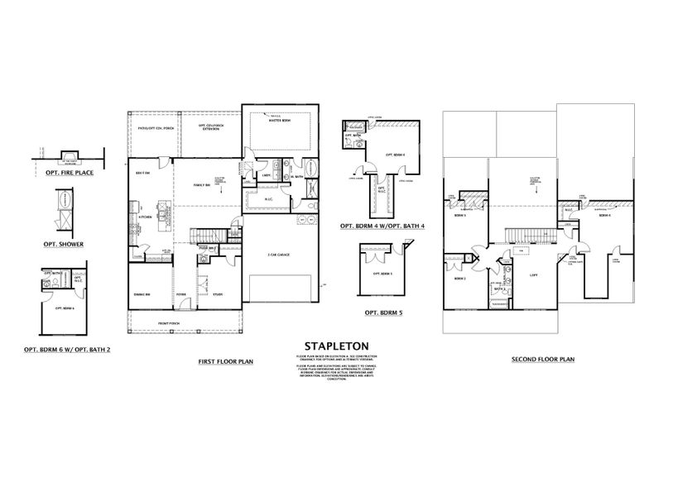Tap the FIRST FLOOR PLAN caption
point(225,360)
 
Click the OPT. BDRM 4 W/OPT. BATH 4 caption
point(382,224)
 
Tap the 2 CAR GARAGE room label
point(278,255)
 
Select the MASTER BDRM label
point(276,122)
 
